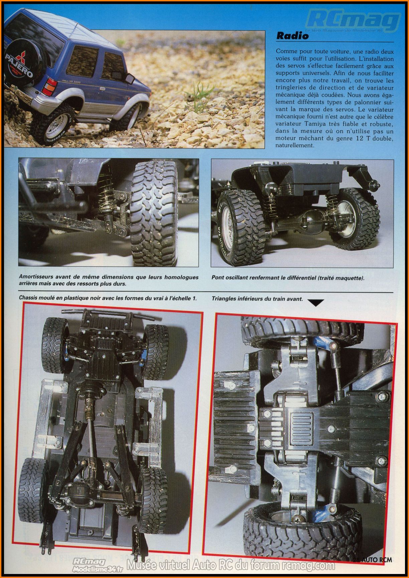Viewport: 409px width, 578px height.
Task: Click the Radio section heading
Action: [x=292, y=36]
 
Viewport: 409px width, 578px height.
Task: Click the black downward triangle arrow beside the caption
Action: [x=315, y=302]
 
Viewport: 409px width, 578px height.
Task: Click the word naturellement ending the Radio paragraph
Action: [x=295, y=146]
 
